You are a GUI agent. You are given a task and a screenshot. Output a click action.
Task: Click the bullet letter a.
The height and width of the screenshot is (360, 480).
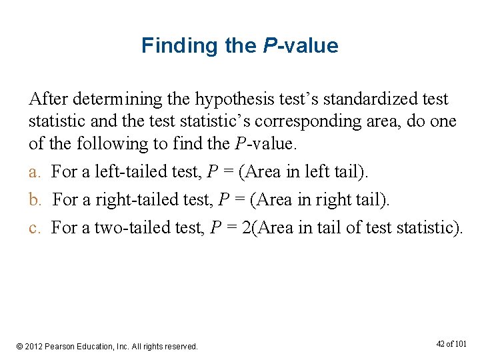(33, 172)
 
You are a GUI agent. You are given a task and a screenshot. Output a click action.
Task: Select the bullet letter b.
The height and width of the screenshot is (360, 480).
(34, 199)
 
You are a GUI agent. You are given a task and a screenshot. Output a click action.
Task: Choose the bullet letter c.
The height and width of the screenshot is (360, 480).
(33, 228)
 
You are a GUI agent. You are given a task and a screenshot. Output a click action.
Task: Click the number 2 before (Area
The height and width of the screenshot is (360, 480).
(247, 228)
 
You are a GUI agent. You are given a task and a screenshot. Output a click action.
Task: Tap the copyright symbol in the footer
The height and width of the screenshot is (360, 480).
(20, 347)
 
